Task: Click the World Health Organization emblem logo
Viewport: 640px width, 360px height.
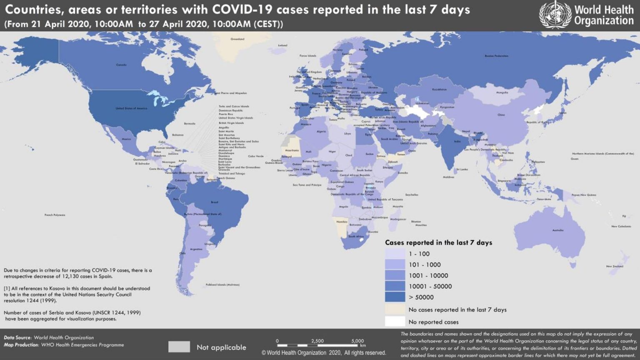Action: tap(555, 15)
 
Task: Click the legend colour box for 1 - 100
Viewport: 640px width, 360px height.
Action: tap(395, 254)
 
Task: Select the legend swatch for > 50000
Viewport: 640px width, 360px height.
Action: tap(395, 297)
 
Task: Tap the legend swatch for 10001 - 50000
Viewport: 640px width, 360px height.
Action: tap(395, 286)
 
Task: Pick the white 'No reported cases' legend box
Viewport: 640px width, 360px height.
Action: tap(395, 322)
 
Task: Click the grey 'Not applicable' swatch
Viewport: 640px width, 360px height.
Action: tap(179, 347)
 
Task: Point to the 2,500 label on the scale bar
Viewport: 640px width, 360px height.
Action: tap(317, 341)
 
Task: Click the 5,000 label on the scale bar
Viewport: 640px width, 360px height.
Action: tap(357, 341)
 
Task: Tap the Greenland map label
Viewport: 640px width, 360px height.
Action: tap(237, 39)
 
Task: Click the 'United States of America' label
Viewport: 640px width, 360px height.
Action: tap(131, 108)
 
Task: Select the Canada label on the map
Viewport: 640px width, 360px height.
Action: tap(121, 65)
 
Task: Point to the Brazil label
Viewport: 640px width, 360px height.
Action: tap(214, 202)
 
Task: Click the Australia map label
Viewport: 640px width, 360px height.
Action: tap(558, 230)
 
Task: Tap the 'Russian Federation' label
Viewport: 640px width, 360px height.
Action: tap(496, 56)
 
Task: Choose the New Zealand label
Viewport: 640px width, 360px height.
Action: tap(615, 266)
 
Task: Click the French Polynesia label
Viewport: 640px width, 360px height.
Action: tap(55, 215)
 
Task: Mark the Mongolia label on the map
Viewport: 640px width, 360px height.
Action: tap(502, 92)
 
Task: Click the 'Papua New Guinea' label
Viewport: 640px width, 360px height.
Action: tap(584, 195)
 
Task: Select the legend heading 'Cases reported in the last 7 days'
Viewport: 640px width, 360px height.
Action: tap(438, 242)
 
